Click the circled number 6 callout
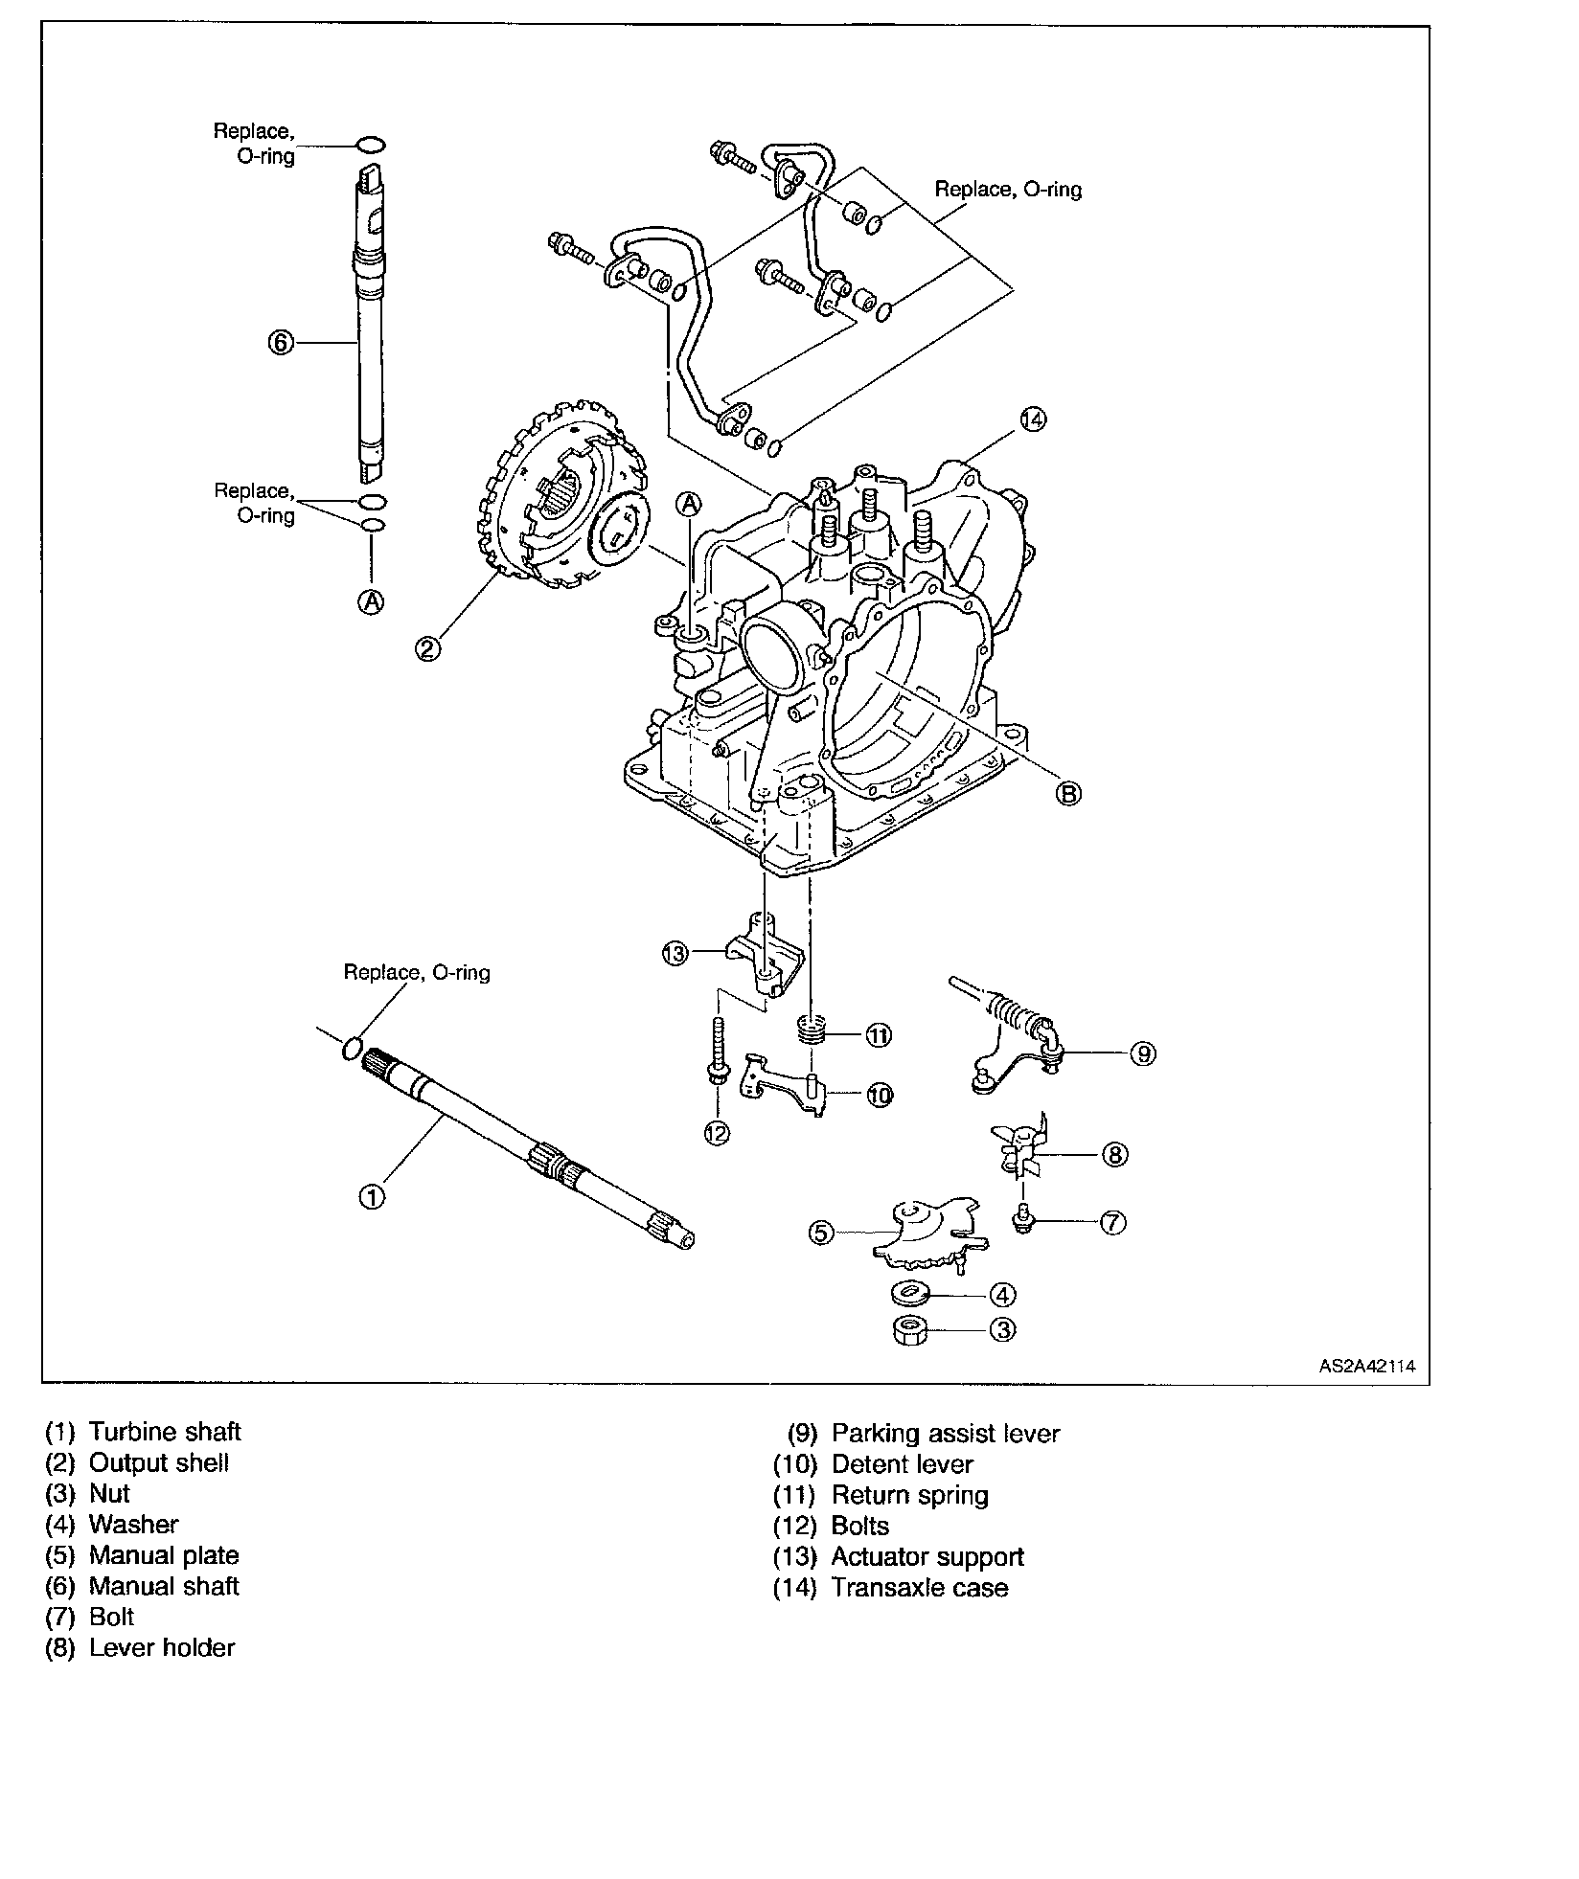279,342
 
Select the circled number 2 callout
427,648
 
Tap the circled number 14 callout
1034,419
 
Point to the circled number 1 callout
372,1196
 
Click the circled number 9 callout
1142,1053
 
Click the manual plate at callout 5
928,1233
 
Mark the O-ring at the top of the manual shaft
372,145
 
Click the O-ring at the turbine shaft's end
353,1048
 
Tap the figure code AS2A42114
1367,1367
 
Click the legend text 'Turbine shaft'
165,1432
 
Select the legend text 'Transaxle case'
920,1588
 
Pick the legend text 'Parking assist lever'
946,1434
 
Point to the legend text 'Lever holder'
162,1647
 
